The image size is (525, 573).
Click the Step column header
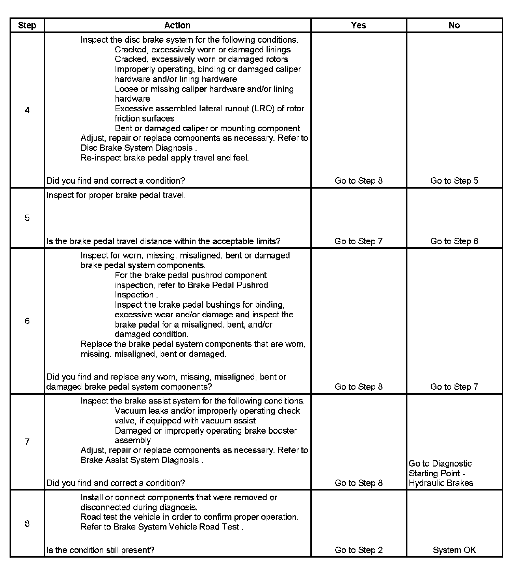[x=27, y=25]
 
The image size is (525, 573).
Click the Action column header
[x=177, y=25]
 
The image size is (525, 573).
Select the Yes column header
[x=359, y=25]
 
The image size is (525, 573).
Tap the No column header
[x=454, y=25]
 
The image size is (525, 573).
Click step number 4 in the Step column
[x=27, y=110]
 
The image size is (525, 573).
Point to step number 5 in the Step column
[x=27, y=218]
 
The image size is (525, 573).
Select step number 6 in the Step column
[x=27, y=321]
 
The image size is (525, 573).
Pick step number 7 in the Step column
[x=27, y=442]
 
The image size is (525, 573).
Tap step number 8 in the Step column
[x=27, y=524]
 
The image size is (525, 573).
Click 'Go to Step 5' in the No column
[x=454, y=181]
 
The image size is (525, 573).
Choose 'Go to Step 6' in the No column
[x=454, y=241]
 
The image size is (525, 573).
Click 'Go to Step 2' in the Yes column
[x=359, y=550]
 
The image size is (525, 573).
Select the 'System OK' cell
[x=454, y=550]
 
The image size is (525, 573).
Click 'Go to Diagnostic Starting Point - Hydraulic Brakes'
[x=441, y=473]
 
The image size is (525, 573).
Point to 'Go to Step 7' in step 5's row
[x=359, y=241]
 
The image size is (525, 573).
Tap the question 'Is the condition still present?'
[x=100, y=550]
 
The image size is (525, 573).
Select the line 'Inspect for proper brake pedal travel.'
[x=116, y=195]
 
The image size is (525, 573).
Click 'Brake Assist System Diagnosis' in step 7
[x=140, y=460]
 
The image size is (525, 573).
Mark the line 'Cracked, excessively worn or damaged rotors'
[x=201, y=60]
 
